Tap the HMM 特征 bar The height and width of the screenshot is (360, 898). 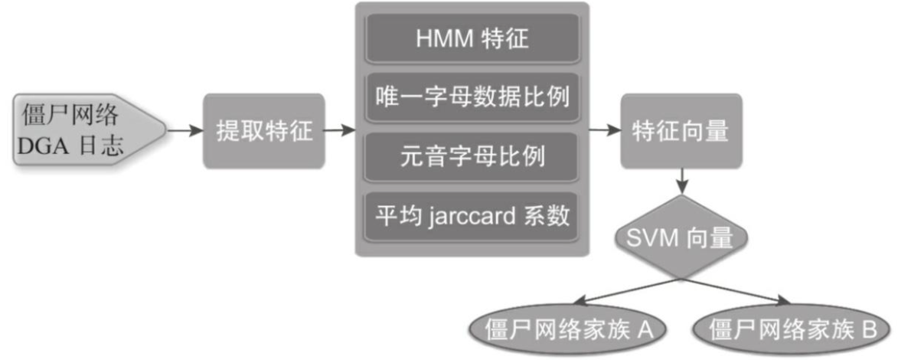(472, 39)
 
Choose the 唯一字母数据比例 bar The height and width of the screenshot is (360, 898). (472, 99)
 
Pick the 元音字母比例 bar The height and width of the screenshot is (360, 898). (472, 158)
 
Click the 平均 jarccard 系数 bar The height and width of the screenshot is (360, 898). (472, 217)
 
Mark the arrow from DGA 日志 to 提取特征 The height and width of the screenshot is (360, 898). (184, 131)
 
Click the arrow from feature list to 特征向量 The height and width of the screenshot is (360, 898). (605, 131)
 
